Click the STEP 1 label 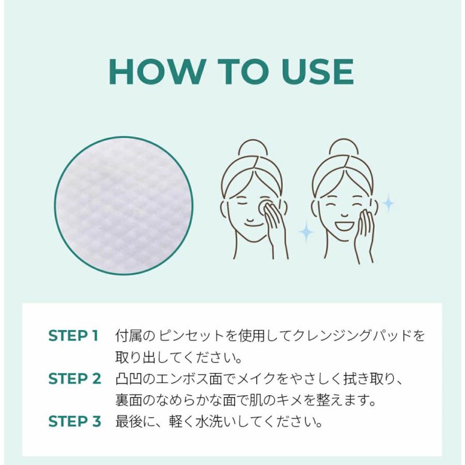[x=73, y=336]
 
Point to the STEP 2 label [x=75, y=379]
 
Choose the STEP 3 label [x=75, y=421]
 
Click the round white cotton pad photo [x=124, y=205]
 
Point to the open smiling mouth [x=344, y=226]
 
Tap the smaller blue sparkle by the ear [x=388, y=203]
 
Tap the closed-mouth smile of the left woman [x=251, y=221]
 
